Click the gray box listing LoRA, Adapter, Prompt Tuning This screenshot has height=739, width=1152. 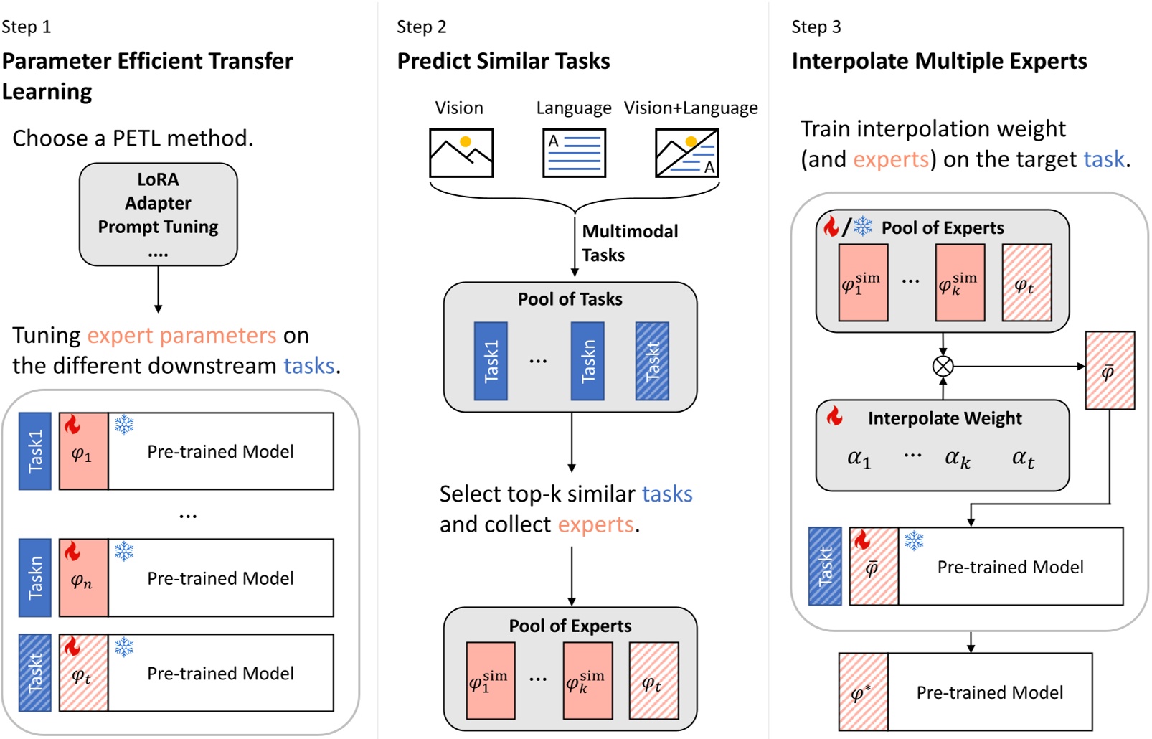158,214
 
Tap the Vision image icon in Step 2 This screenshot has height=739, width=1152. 461,153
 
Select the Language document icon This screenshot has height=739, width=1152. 574,153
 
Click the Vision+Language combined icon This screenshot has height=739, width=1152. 686,153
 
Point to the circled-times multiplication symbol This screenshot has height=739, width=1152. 943,366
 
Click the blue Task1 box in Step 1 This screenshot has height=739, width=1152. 34,451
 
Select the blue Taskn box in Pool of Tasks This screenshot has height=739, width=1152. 587,361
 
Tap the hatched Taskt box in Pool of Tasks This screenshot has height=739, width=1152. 651,361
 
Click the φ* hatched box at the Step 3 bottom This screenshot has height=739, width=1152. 863,692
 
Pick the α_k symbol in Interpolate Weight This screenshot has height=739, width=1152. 957,458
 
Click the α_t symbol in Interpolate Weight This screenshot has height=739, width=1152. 1022,458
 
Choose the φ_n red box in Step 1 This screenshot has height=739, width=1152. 83,578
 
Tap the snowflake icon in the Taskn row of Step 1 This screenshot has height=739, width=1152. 124,551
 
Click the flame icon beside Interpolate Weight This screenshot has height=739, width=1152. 834,416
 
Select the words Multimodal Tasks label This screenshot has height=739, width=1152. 629,243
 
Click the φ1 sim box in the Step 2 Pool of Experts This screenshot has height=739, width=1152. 490,681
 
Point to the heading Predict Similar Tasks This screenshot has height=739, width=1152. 503,61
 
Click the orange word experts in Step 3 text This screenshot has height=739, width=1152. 890,159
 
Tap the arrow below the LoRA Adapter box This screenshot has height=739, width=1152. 158,290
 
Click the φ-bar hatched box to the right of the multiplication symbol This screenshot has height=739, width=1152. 1109,370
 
